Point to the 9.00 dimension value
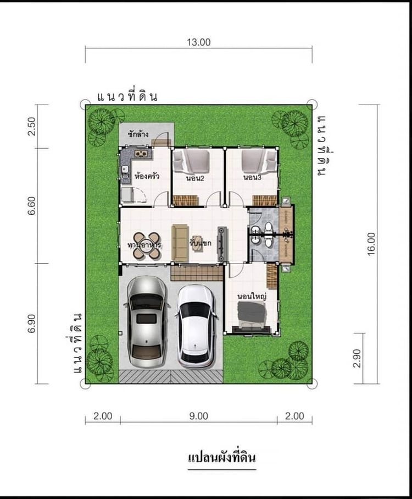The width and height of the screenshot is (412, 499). pyautogui.click(x=198, y=416)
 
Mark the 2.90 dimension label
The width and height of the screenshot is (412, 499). pyautogui.click(x=358, y=358)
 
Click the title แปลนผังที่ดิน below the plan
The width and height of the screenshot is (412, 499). pyautogui.click(x=222, y=457)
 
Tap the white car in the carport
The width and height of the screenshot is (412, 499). pyautogui.click(x=196, y=326)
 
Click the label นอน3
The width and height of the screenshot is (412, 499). pyautogui.click(x=251, y=178)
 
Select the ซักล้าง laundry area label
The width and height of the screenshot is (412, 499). pyautogui.click(x=137, y=133)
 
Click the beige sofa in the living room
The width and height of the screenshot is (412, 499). pyautogui.click(x=180, y=243)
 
